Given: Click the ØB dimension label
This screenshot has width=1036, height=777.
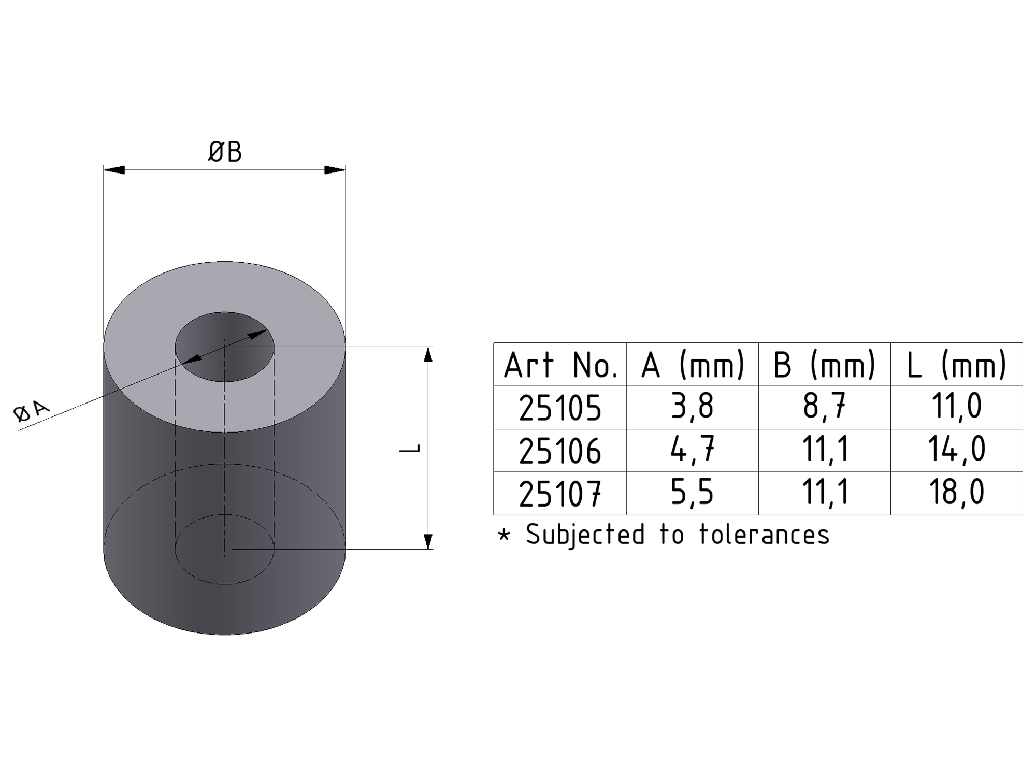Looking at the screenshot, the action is click(225, 152).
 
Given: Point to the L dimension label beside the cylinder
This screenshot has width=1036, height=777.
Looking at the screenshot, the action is click(410, 449).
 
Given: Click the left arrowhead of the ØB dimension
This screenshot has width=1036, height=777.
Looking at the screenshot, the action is click(114, 170).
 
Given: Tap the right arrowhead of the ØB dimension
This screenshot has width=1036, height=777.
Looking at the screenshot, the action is click(335, 170).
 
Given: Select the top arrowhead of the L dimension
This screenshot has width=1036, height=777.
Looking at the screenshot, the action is click(428, 354).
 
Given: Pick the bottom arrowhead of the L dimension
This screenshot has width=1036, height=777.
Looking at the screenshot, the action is click(428, 541).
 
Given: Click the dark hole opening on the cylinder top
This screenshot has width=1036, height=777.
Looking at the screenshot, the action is click(224, 347).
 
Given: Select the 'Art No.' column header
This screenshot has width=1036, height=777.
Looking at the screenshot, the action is click(560, 365).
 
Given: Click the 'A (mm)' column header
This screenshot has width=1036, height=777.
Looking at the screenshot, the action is click(693, 365).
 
